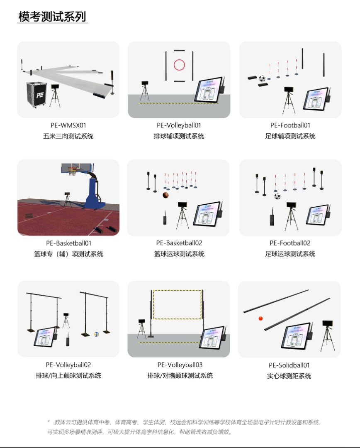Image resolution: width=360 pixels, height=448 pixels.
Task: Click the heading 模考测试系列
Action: tap(52, 17)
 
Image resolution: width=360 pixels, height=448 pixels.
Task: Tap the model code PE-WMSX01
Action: tap(68, 125)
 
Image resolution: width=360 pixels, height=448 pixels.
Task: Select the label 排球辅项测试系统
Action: tap(179, 136)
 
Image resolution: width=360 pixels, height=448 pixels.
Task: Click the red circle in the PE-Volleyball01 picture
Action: tap(179, 65)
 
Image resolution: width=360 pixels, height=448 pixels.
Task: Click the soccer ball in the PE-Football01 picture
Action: tap(262, 78)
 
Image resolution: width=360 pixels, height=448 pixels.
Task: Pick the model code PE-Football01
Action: tap(290, 125)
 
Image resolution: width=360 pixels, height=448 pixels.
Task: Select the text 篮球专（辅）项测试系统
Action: tap(68, 254)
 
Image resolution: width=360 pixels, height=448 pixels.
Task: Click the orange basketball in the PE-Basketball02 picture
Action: tap(166, 195)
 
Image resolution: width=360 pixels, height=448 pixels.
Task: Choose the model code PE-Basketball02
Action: tap(179, 243)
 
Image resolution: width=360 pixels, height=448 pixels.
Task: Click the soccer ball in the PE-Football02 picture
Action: tap(277, 196)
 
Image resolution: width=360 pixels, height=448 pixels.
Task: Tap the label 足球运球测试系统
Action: tap(290, 254)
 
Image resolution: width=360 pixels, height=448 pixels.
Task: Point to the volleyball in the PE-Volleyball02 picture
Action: tap(96, 334)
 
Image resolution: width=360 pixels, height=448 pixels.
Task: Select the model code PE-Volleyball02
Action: tap(68, 365)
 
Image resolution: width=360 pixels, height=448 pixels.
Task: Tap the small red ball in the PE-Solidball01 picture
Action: tap(260, 318)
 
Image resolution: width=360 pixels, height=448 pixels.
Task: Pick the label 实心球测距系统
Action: tap(289, 376)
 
